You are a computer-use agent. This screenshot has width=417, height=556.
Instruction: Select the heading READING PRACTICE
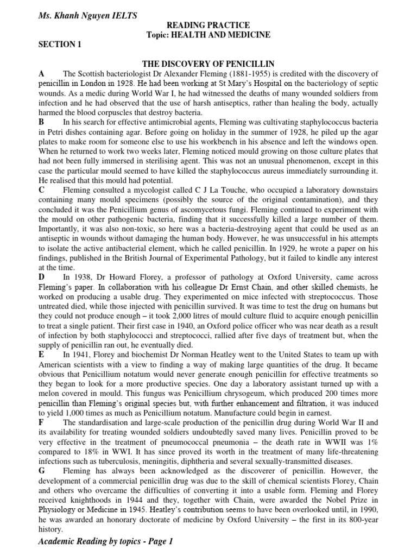[208, 26]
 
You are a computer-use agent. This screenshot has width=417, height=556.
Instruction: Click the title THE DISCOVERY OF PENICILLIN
[208, 64]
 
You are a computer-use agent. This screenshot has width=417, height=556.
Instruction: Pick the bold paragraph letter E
[41, 354]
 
